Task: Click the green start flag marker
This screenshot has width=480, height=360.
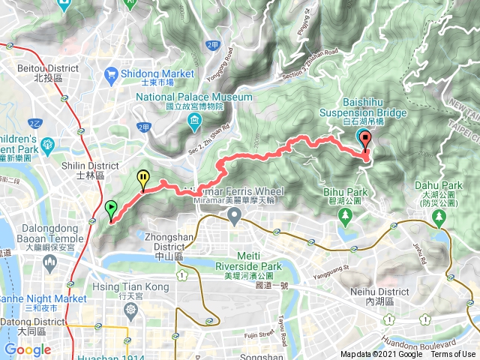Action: point(111,208)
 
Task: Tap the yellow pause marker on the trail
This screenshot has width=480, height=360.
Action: point(142,178)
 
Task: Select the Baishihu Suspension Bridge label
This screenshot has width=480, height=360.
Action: point(363,112)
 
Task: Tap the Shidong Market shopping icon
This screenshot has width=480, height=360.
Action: point(112,73)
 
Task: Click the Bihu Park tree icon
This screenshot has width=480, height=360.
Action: point(346,217)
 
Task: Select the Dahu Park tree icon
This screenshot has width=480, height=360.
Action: point(438,217)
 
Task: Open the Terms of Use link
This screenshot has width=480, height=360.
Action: point(452,355)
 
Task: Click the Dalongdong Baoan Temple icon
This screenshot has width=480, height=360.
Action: point(49,262)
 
